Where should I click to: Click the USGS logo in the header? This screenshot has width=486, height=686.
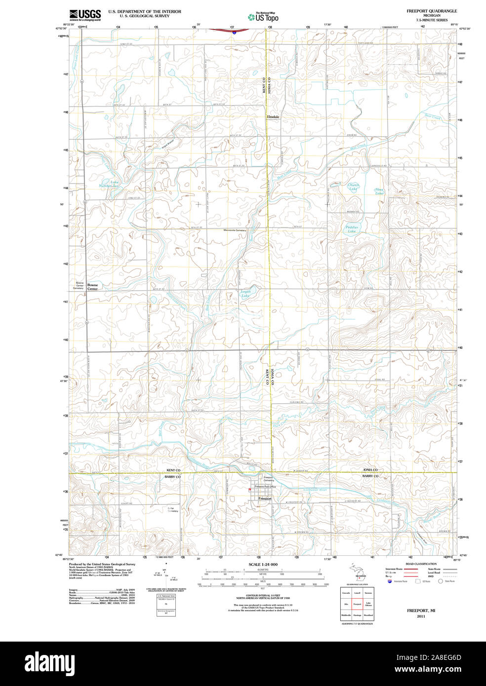coord(85,15)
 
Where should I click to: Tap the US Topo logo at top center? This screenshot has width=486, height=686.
coord(263,17)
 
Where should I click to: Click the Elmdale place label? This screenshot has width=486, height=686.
coord(273,117)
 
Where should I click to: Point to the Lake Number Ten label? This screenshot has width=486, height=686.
coord(109,184)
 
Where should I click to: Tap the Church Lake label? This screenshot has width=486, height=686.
coord(353,187)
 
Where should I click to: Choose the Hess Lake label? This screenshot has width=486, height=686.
coord(379,191)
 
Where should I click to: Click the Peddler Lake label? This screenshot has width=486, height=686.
coord(352,229)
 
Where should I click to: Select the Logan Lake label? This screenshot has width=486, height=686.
coord(245,294)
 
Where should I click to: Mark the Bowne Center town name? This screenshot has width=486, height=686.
coord(92,287)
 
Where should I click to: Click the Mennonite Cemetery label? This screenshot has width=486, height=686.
coord(235,230)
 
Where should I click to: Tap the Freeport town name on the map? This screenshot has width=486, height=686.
coord(265,499)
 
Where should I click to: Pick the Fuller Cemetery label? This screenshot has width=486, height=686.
coord(172,509)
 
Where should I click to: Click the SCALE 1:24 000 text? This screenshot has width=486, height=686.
coord(263,564)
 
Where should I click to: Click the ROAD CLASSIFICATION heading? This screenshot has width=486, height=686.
coord(421,564)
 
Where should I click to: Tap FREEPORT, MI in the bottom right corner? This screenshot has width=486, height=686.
coord(421,610)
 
